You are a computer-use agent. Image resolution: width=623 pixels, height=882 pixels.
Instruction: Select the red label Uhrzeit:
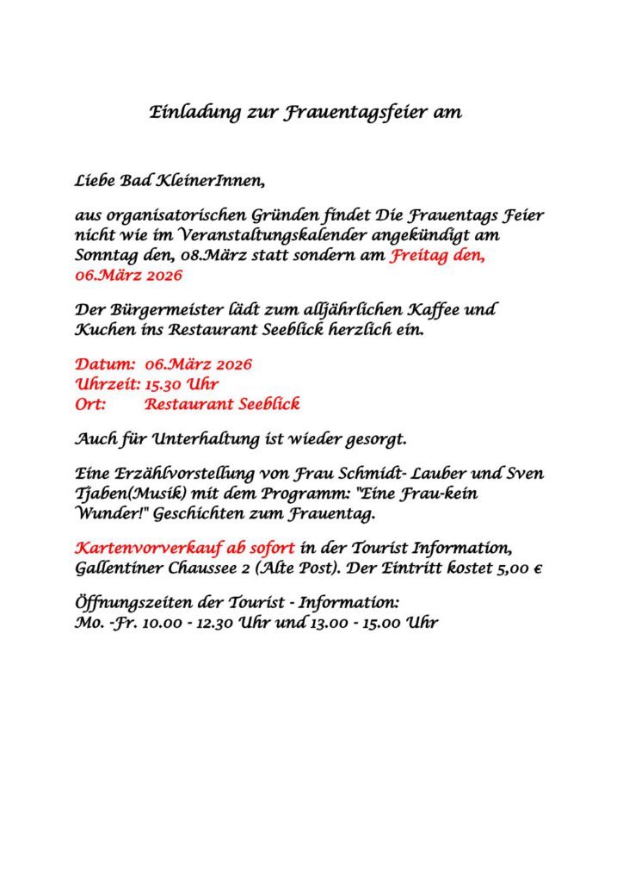[108, 383]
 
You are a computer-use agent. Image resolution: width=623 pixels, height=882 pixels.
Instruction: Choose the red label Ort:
[90, 404]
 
